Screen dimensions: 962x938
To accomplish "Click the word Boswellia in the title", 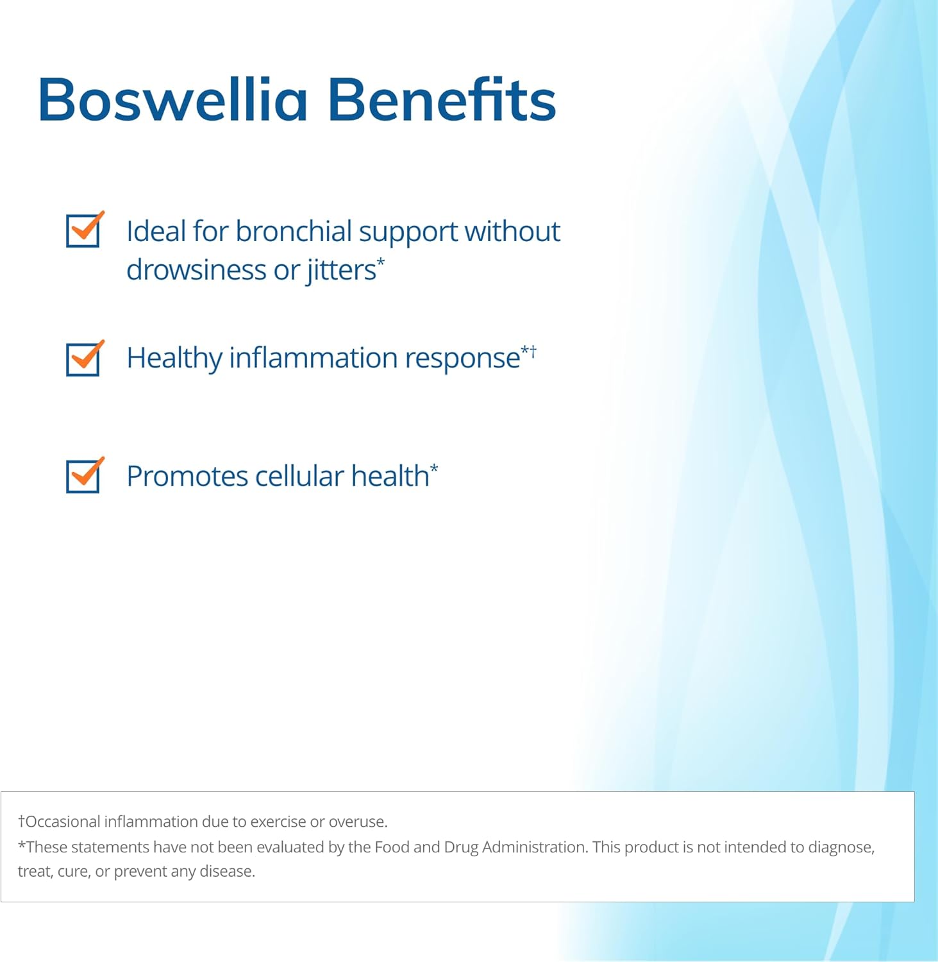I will pyautogui.click(x=172, y=100).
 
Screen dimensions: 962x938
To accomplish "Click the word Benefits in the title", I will pyautogui.click(x=442, y=100).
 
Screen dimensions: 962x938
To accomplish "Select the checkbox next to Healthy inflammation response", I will pyautogui.click(x=83, y=359).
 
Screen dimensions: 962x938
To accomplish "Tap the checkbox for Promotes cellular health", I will pyautogui.click(x=83, y=476).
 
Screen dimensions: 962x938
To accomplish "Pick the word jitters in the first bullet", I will pyautogui.click(x=341, y=270).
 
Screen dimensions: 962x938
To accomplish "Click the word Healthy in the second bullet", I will pyautogui.click(x=174, y=359).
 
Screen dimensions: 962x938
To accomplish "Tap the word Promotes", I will pyautogui.click(x=187, y=477).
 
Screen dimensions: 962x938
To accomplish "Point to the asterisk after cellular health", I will pyautogui.click(x=434, y=468).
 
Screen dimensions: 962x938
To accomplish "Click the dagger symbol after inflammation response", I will pyautogui.click(x=533, y=351).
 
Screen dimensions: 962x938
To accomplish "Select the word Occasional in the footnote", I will pyautogui.click(x=63, y=822).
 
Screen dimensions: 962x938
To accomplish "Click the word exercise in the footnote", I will pyautogui.click(x=278, y=822).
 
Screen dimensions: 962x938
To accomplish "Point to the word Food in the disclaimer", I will pyautogui.click(x=392, y=847).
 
